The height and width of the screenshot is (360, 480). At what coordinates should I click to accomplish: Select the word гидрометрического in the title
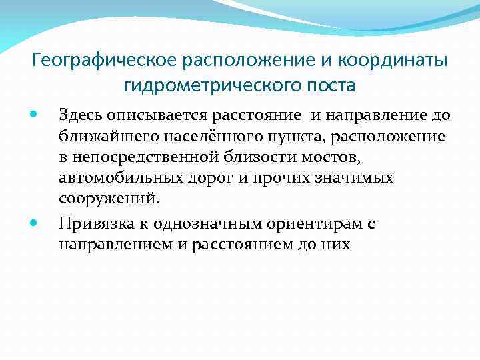(209, 85)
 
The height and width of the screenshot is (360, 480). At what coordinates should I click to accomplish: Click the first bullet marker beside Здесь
(35, 115)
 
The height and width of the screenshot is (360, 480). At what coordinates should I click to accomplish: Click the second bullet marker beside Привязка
(35, 223)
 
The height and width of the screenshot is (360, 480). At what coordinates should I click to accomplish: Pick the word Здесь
(79, 115)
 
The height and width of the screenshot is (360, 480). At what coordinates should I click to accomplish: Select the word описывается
(145, 115)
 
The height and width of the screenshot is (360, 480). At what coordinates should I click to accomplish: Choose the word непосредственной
(143, 158)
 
